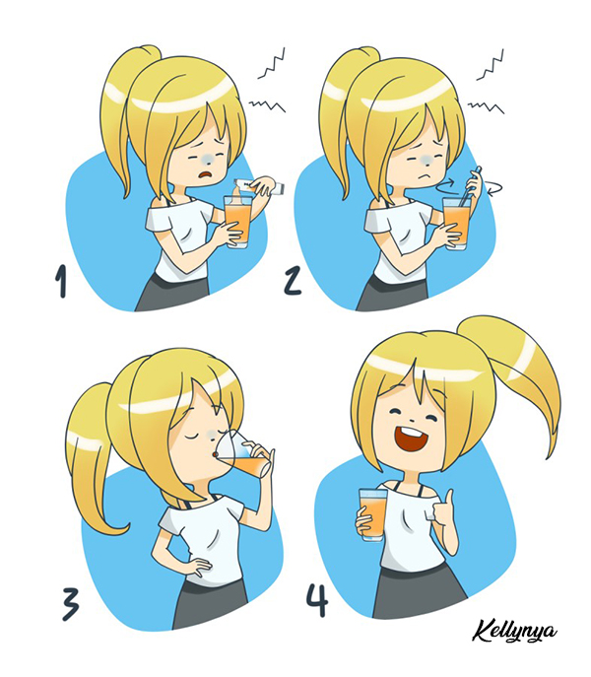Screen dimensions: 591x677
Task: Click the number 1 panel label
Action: tap(61, 281)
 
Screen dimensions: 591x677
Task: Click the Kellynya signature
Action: tap(514, 633)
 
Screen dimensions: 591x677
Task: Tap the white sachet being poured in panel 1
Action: tap(259, 185)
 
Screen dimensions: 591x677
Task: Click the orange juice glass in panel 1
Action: tap(237, 222)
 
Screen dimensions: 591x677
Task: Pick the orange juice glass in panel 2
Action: tap(457, 224)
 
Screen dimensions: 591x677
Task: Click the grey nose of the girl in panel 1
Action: tap(207, 159)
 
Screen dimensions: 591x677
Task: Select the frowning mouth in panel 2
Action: tap(426, 176)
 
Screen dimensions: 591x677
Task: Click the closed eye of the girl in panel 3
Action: tap(193, 437)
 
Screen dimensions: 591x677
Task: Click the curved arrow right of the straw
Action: tap(494, 187)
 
